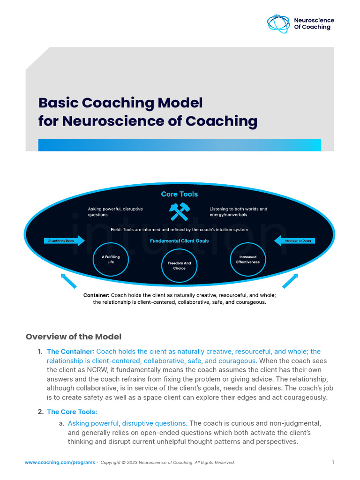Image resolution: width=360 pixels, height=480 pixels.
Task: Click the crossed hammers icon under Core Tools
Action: click(179, 211)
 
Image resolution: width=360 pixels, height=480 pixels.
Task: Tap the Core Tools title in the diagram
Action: click(180, 194)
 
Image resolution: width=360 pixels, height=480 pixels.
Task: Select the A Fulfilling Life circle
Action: click(107, 259)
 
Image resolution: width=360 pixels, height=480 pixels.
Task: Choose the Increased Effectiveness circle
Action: click(247, 259)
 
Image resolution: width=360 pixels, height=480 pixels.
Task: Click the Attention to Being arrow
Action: click(65, 241)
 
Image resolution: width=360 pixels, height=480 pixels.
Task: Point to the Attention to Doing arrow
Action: click(295, 241)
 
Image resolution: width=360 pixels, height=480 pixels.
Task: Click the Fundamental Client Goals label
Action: click(180, 241)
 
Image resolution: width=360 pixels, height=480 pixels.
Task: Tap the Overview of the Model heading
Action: click(74, 337)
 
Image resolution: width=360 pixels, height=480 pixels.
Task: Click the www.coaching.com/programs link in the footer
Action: click(60, 463)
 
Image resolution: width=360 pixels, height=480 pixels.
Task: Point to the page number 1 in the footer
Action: click(333, 462)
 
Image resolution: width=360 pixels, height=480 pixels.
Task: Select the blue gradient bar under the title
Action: click(180, 145)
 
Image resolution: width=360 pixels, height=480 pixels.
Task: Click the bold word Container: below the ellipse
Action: click(96, 295)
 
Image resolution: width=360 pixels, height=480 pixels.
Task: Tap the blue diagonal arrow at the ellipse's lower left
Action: click(68, 280)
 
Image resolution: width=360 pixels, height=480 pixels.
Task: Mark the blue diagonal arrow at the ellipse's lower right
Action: click(291, 280)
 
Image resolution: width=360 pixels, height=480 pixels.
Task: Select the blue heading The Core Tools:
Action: click(72, 412)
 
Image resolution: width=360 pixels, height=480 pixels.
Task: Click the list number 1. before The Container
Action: click(40, 351)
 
